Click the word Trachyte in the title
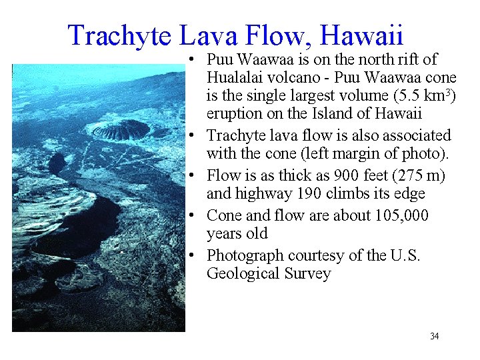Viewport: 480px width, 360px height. tap(119, 35)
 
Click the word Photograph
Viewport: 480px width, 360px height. tap(244, 256)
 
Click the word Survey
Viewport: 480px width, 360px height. tap(307, 274)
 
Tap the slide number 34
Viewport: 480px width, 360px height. tap(435, 336)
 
